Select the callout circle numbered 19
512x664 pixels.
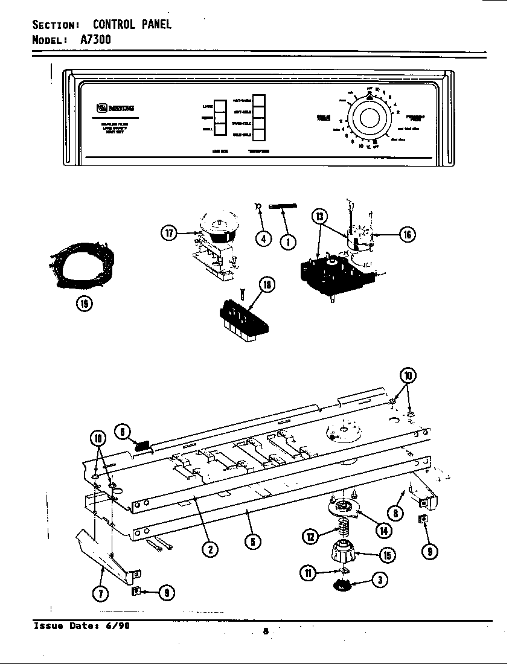coord(84,304)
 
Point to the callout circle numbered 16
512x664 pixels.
coord(408,234)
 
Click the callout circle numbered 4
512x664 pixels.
coord(263,238)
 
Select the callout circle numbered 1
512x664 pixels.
coord(288,241)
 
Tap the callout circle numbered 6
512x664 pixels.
coord(123,432)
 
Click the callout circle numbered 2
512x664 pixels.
coord(210,549)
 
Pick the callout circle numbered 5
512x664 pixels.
coord(253,541)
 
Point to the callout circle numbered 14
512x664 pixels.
coord(383,531)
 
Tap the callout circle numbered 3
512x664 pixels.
coord(379,581)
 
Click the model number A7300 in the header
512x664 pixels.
coord(95,39)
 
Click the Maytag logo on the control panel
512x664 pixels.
coord(115,109)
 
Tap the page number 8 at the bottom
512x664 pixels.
coord(265,631)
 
